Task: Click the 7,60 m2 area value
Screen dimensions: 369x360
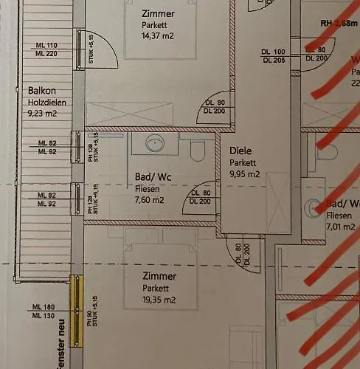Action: click(150, 199)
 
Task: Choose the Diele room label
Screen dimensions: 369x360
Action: click(241, 150)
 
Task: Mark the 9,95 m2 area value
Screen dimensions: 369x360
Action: click(245, 174)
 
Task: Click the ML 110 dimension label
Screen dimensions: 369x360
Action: click(46, 45)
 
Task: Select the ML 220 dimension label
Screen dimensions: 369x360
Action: click(46, 54)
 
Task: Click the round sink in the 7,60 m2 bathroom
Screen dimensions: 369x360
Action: click(154, 143)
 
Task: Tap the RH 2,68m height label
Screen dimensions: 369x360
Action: click(339, 24)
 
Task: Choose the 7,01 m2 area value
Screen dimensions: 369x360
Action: click(340, 228)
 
